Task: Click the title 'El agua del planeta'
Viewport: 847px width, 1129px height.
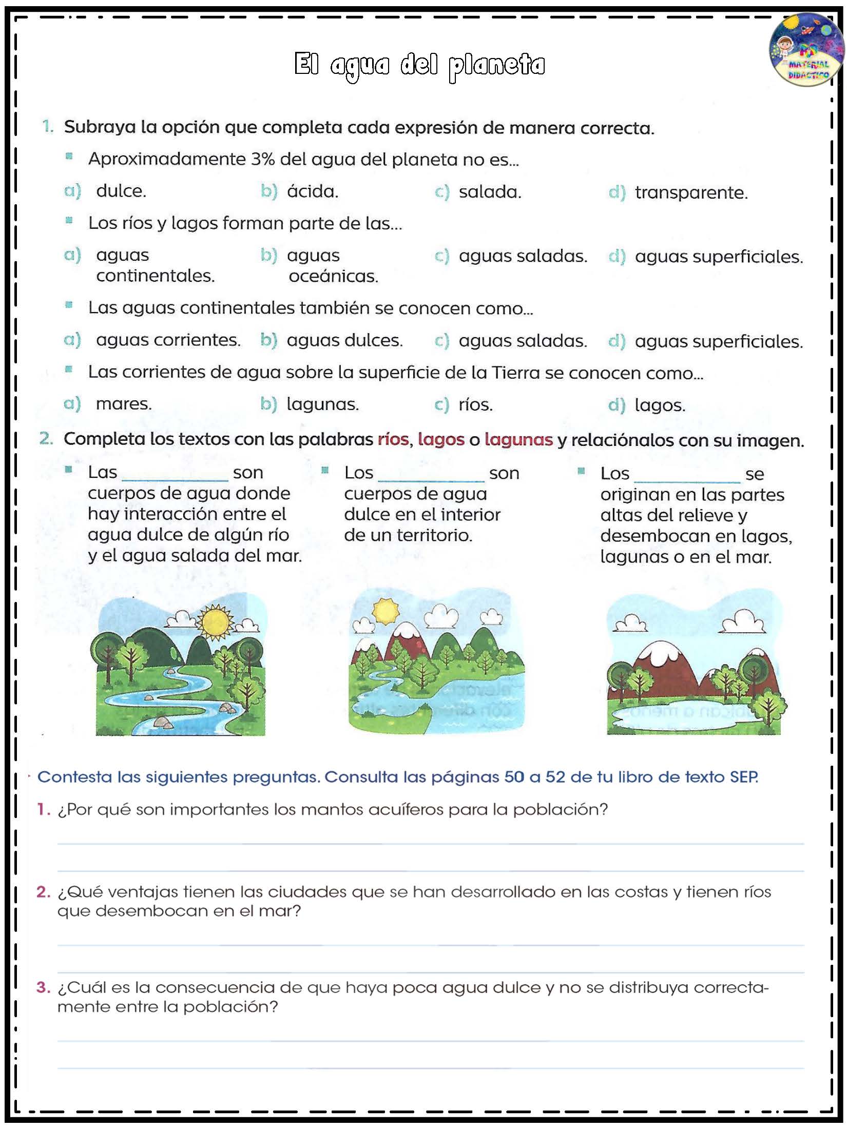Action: pyautogui.click(x=419, y=65)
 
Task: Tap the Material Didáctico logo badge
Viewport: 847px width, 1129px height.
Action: pyautogui.click(x=806, y=50)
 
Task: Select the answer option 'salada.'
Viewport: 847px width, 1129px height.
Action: pyautogui.click(x=489, y=192)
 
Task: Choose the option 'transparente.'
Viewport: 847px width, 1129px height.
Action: pyautogui.click(x=691, y=193)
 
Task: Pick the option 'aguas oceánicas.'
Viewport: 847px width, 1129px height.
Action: pyautogui.click(x=332, y=266)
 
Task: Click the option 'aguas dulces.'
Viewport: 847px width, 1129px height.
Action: pyautogui.click(x=344, y=340)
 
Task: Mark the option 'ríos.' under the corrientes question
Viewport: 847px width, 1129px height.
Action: pyautogui.click(x=475, y=405)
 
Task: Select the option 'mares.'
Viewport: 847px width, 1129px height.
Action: pyautogui.click(x=124, y=404)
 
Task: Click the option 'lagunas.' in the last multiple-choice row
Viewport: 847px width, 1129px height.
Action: pyautogui.click(x=322, y=404)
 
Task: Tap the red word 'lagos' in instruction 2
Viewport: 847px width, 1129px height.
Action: pyautogui.click(x=441, y=440)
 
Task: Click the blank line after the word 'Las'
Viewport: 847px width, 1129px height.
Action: pyautogui.click(x=175, y=475)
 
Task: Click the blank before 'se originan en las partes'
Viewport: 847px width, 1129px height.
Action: pyautogui.click(x=687, y=476)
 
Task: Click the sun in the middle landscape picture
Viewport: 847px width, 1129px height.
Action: pyautogui.click(x=385, y=611)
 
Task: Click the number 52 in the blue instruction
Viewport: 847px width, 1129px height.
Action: pyautogui.click(x=555, y=777)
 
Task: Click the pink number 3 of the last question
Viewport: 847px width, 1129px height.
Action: pyautogui.click(x=43, y=987)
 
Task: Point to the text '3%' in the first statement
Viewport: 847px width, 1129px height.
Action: pyautogui.click(x=263, y=160)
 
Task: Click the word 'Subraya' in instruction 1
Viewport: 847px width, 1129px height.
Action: pyautogui.click(x=100, y=127)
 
